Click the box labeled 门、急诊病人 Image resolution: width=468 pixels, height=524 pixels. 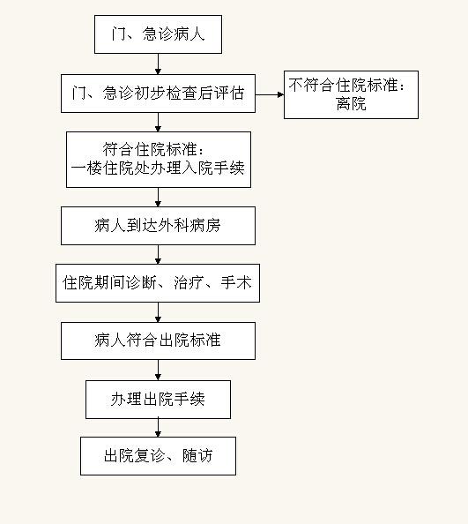159,34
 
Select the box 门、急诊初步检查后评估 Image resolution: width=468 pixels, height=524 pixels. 159,94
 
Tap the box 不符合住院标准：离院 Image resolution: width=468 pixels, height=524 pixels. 351,94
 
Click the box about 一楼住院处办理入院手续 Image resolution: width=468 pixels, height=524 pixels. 159,160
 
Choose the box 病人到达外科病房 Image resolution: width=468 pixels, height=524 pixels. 159,226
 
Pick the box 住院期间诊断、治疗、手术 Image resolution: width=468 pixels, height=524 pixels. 158,283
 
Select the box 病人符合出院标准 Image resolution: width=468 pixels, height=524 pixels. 159,341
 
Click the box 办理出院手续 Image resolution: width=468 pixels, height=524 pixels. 159,400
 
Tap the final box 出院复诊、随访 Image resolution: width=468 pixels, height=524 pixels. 159,456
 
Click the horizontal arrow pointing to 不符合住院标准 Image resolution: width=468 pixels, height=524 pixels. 270,94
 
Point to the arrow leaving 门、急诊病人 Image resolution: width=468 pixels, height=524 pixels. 159,64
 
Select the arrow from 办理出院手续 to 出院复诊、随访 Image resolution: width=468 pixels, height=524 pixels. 159,428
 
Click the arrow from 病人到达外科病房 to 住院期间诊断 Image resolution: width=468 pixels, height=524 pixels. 159,255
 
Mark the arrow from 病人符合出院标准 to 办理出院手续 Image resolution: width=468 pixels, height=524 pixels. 159,370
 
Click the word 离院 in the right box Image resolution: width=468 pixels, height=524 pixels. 351,103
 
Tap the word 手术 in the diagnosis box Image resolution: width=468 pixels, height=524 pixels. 235,282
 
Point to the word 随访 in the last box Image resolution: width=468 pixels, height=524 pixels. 197,455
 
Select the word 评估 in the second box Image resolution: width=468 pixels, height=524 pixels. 229,93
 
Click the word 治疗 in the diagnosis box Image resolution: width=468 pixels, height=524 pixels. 189,282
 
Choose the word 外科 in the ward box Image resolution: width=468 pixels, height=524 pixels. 174,226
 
